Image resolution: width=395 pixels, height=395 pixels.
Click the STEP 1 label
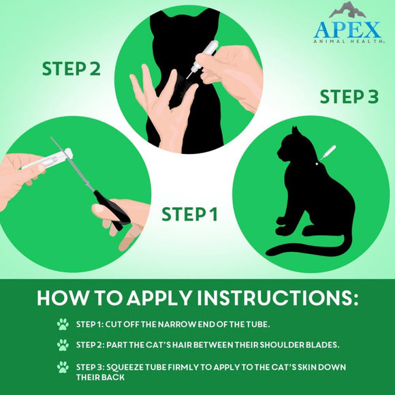[189, 215]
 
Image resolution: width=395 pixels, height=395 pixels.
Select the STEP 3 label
[349, 97]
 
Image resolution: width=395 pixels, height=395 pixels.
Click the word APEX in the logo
[347, 30]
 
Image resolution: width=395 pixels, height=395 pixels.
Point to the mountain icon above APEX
[347, 10]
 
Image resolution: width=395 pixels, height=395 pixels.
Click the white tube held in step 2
[208, 53]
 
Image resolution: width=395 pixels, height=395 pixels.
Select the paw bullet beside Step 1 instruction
[63, 323]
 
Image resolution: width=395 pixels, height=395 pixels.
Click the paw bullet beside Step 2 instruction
[63, 345]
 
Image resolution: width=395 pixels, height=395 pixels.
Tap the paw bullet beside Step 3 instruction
[63, 367]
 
